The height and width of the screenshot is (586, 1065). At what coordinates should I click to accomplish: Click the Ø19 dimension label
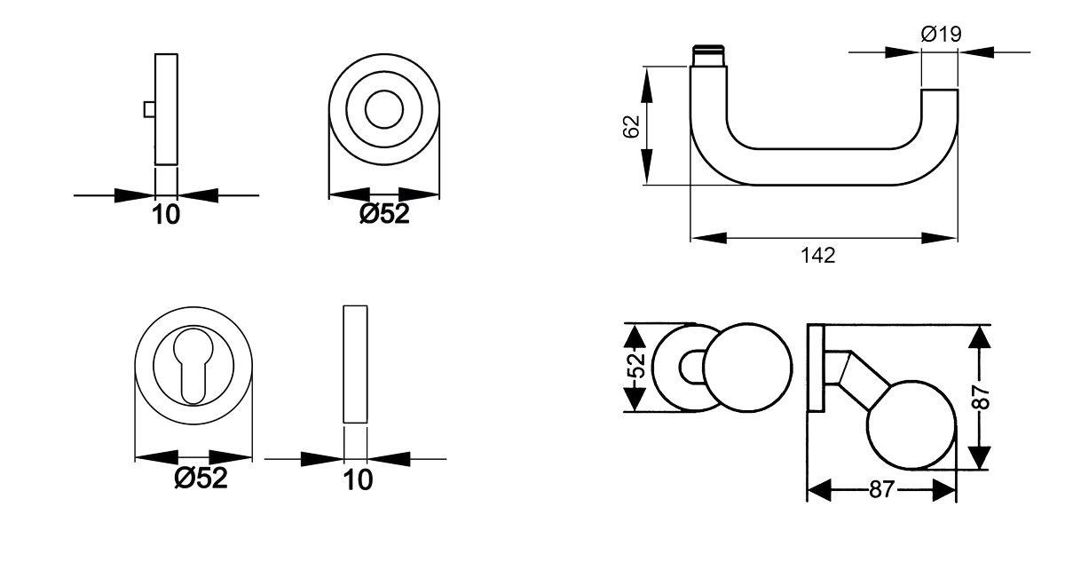(942, 34)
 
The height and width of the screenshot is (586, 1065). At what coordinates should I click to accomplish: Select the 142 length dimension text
(817, 256)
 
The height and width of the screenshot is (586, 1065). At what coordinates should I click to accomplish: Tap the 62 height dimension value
(632, 127)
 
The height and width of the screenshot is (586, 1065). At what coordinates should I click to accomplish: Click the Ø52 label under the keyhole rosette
(201, 478)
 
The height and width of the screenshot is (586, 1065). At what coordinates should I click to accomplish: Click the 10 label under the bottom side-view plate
(358, 480)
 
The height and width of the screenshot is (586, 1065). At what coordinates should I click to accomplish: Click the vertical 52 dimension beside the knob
(634, 367)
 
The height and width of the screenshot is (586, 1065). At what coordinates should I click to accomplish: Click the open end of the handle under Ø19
(939, 91)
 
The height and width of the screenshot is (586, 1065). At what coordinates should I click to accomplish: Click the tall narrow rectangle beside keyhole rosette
(354, 365)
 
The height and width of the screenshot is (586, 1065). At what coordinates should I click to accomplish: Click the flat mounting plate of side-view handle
(816, 368)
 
